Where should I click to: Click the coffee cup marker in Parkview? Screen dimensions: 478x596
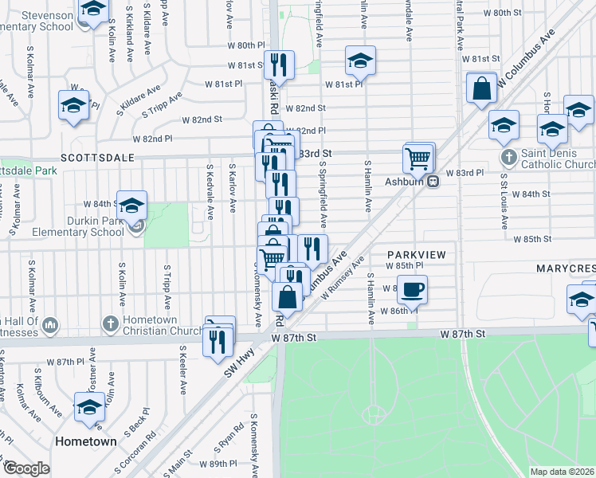412,290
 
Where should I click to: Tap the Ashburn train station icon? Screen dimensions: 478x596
433,181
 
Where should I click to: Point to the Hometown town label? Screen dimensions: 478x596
86,441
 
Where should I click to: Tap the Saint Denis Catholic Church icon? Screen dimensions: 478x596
508,156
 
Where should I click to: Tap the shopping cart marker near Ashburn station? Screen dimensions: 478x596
418,159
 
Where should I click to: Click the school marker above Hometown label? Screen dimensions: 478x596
89,407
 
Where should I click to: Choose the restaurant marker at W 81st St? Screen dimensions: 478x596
279,64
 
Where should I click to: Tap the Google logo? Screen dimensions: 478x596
26,468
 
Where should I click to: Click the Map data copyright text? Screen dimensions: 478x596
562,472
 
